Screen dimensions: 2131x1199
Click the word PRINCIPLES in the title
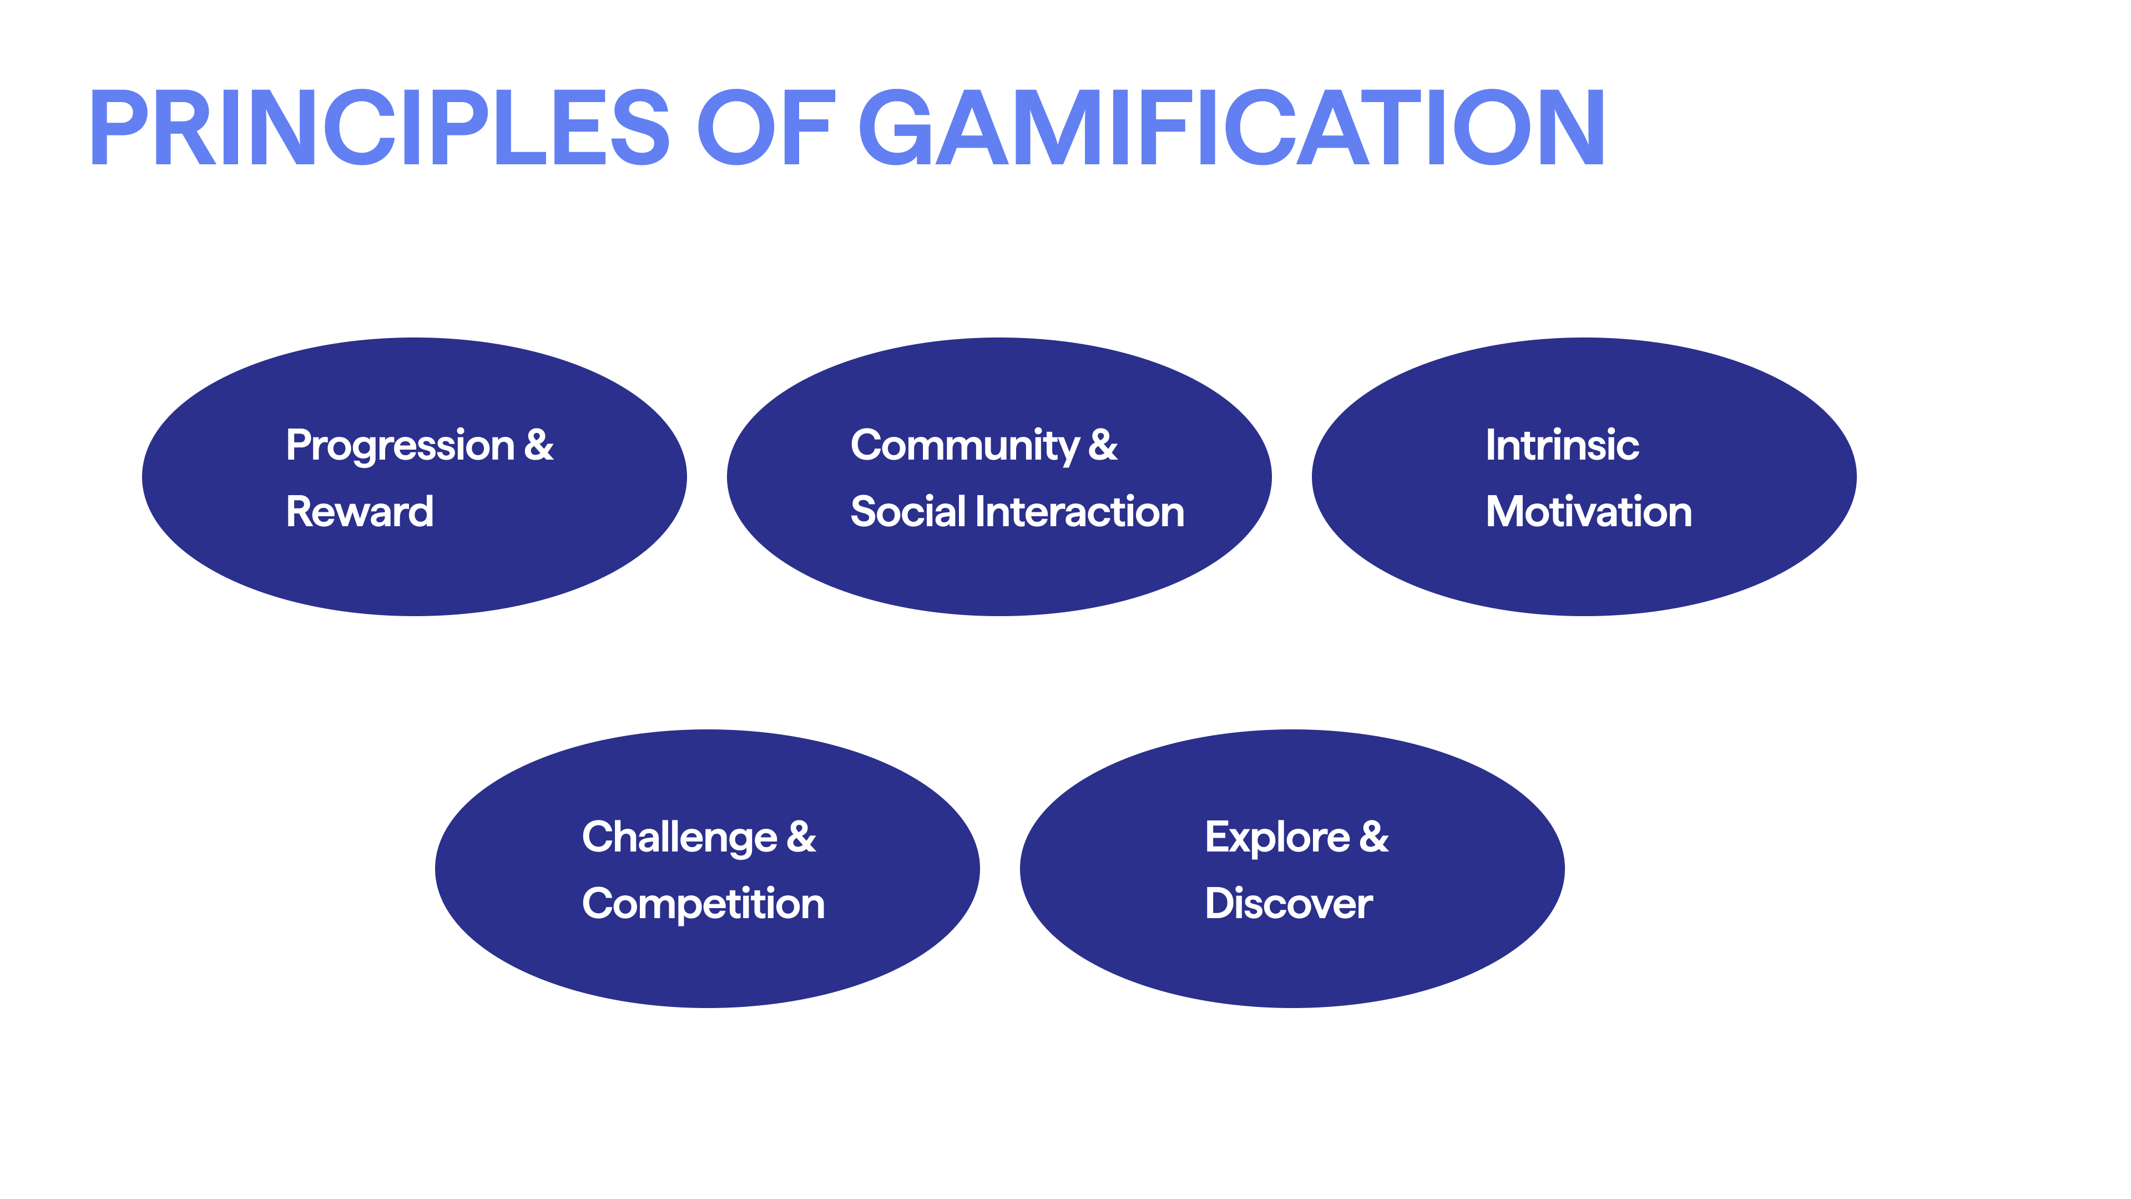[x=380, y=128]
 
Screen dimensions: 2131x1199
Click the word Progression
[x=400, y=447]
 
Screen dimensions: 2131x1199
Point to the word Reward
[x=360, y=511]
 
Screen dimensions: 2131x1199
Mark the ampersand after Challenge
[x=801, y=837]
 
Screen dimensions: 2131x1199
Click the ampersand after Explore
[x=1374, y=837]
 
